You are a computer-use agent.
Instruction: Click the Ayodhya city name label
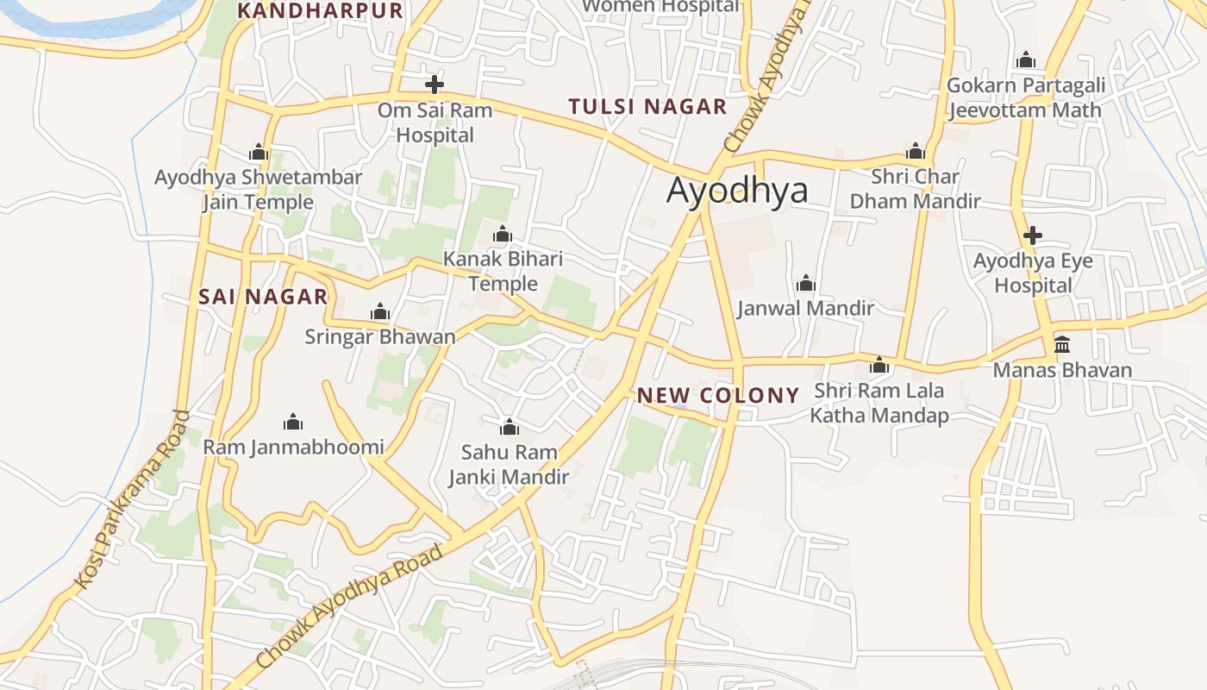tap(737, 191)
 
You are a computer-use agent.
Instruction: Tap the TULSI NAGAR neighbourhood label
tap(647, 107)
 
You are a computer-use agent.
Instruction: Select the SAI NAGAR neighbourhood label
tap(263, 297)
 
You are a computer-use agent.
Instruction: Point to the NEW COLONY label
tap(718, 396)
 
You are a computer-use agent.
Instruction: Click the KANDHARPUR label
tap(320, 10)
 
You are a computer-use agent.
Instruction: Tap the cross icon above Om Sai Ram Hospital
tap(435, 85)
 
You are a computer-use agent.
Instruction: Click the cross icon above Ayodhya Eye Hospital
tap(1032, 235)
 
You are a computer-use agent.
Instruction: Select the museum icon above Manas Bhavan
tap(1062, 345)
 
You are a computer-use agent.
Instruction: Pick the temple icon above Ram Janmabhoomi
tap(293, 422)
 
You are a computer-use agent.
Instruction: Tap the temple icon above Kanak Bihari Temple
tap(503, 234)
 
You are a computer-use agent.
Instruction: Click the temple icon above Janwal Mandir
tap(806, 283)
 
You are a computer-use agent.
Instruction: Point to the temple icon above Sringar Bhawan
tap(380, 312)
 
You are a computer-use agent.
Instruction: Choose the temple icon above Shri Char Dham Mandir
tap(916, 152)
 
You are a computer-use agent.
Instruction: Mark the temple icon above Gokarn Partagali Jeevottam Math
tap(1026, 60)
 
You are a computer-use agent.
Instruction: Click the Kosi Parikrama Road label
tap(132, 500)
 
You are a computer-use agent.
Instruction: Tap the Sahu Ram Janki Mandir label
tap(509, 464)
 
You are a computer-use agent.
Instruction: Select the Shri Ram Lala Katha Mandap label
tap(879, 403)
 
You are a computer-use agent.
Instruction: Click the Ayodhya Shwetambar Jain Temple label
tap(258, 190)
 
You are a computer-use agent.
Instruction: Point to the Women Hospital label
tap(660, 6)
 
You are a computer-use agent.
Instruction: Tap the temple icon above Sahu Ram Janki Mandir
tap(510, 427)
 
